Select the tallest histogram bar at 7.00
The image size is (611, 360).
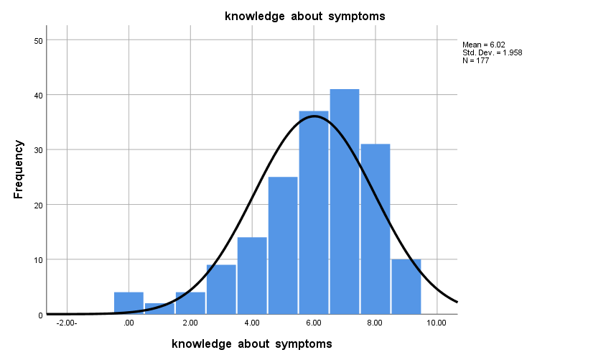click(345, 201)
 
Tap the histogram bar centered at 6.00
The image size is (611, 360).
click(314, 212)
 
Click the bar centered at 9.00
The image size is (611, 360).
click(406, 287)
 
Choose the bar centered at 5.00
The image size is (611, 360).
click(283, 245)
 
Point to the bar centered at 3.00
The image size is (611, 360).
click(221, 290)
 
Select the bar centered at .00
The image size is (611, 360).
click(129, 303)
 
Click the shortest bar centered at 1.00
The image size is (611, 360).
click(159, 308)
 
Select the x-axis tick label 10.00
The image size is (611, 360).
click(437, 324)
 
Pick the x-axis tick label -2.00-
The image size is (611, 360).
click(67, 324)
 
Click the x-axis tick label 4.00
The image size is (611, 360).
click(252, 324)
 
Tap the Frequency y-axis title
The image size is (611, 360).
click(19, 170)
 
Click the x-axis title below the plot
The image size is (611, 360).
click(252, 343)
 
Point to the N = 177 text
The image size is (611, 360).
click(476, 60)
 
